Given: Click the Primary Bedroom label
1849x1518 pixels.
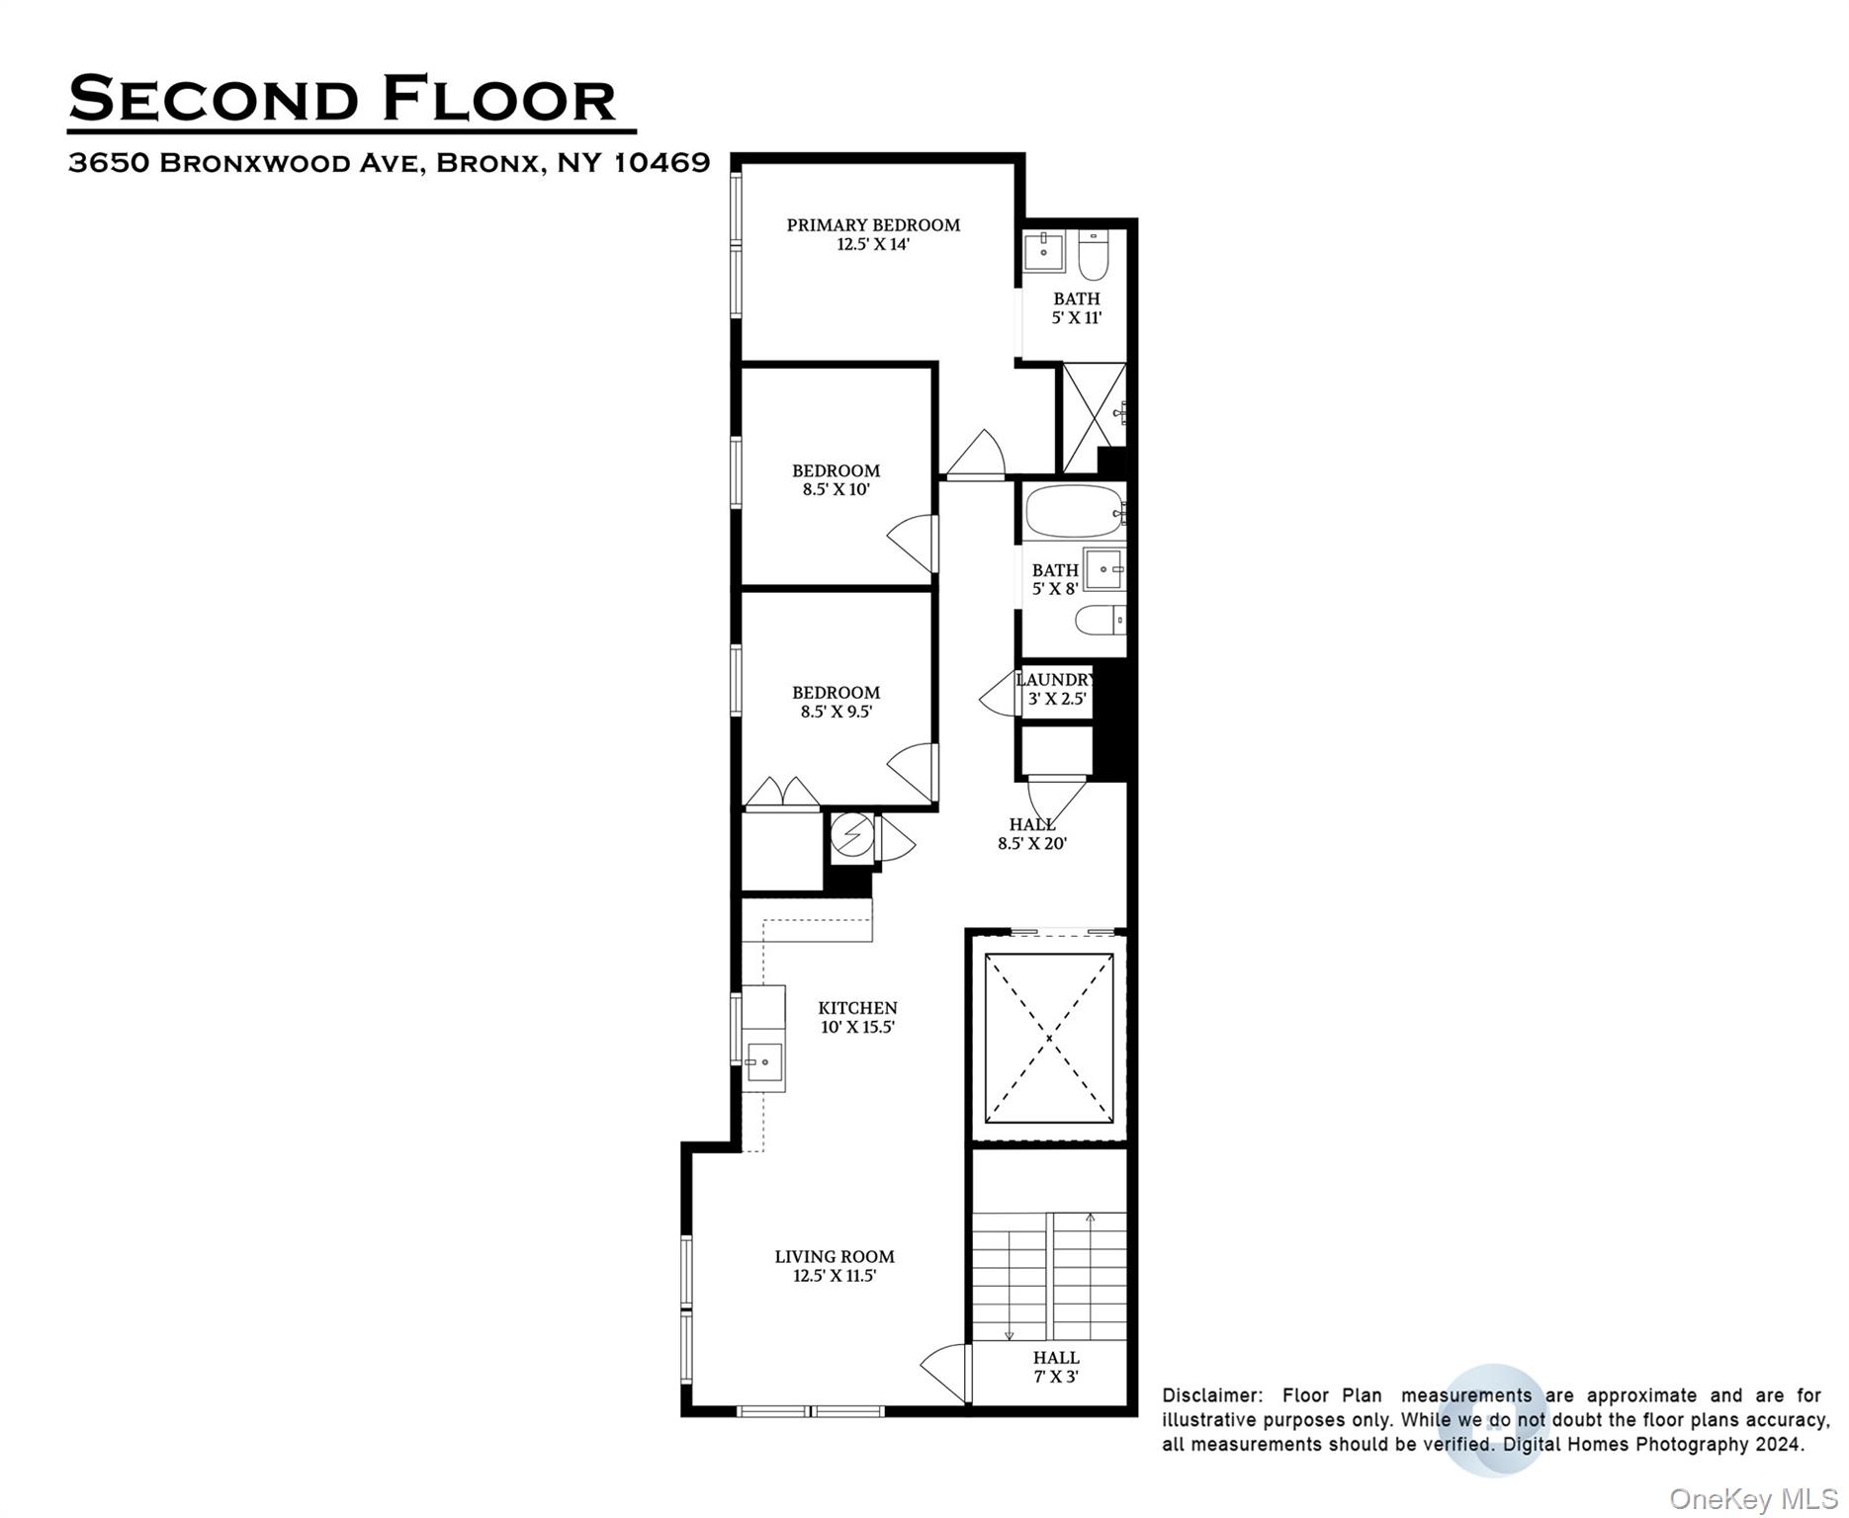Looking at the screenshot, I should pos(873,234).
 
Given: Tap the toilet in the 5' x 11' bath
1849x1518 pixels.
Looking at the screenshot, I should pos(1094,255).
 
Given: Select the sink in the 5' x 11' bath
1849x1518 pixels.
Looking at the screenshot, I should pos(1043,251).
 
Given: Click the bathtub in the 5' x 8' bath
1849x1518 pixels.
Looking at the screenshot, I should pos(1074,511).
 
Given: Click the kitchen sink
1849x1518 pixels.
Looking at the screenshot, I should pos(764,1065).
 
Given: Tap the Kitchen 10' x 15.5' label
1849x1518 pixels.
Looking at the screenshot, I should pos(857,1017).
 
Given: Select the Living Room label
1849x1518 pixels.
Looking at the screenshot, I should pos(835,1266).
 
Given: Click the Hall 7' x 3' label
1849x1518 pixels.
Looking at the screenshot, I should pos(1055,1367).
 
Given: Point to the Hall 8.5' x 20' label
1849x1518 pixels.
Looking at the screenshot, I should pos(1031,833).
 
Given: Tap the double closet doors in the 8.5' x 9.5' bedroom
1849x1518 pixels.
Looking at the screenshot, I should pos(781,793).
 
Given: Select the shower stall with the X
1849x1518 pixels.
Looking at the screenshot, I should pos(1093,417).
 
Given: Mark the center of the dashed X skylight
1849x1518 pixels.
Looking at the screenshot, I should pos(1049,1038).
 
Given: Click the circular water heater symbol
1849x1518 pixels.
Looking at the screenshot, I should pos(851,836).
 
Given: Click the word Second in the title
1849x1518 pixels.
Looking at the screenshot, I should pos(214,100).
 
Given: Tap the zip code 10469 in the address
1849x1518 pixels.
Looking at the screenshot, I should pos(661,162).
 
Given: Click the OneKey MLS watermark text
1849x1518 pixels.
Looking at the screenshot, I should pos(1752,1499).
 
